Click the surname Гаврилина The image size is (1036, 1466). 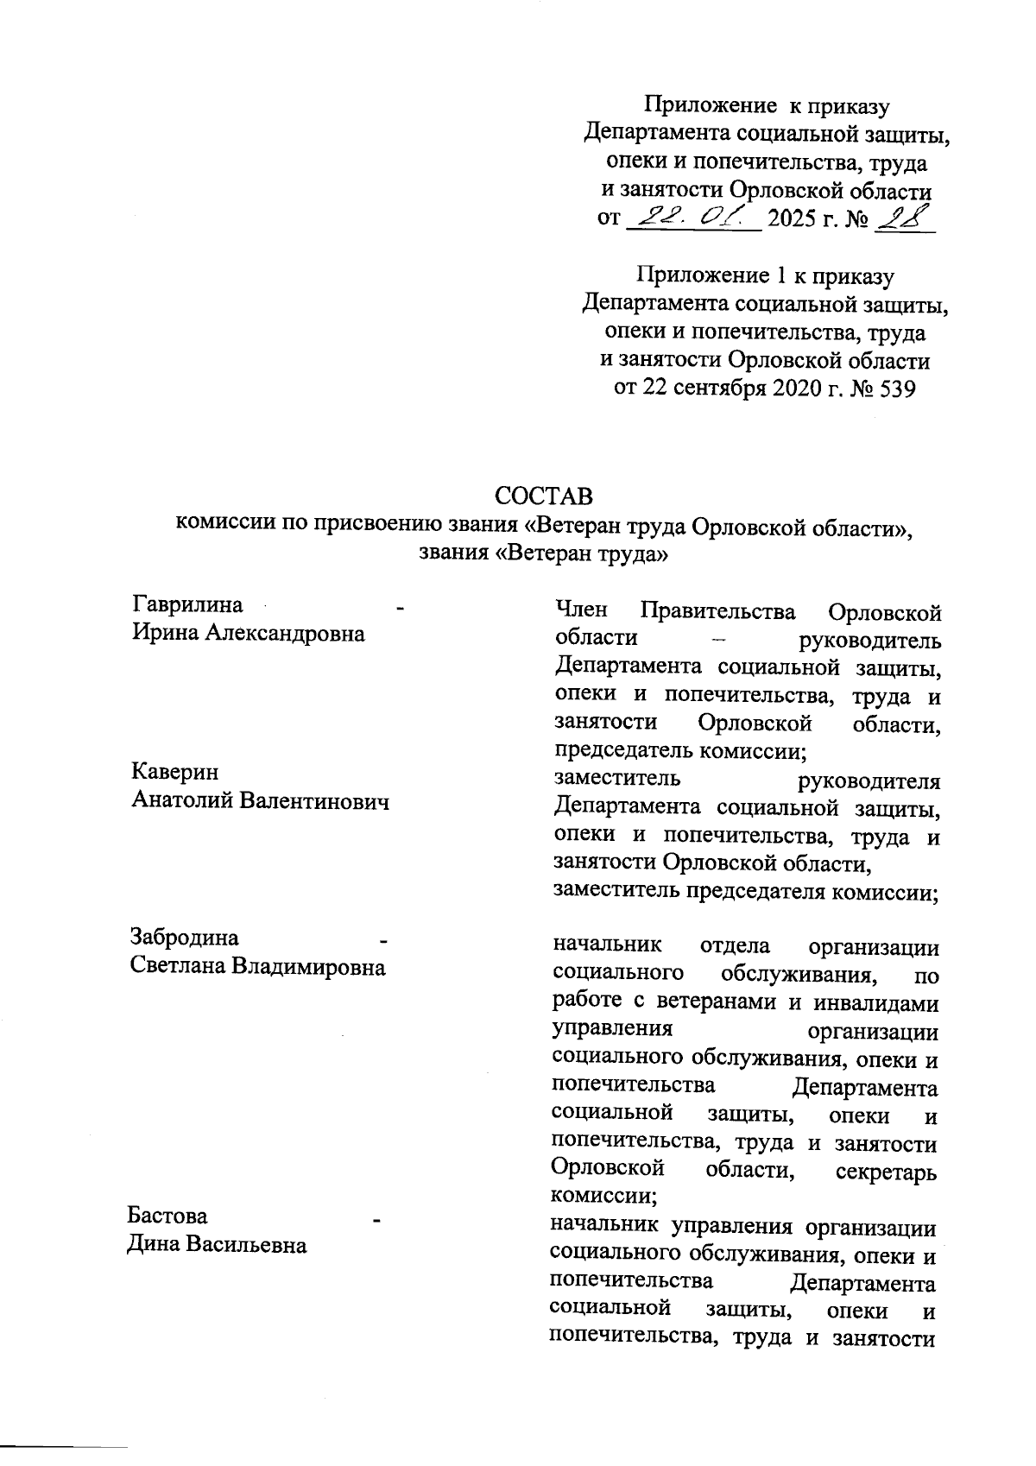click(186, 604)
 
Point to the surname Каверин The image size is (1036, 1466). click(174, 772)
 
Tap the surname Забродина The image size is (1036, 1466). click(184, 938)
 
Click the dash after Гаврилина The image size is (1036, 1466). click(400, 609)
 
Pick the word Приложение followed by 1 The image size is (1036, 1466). click(700, 275)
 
